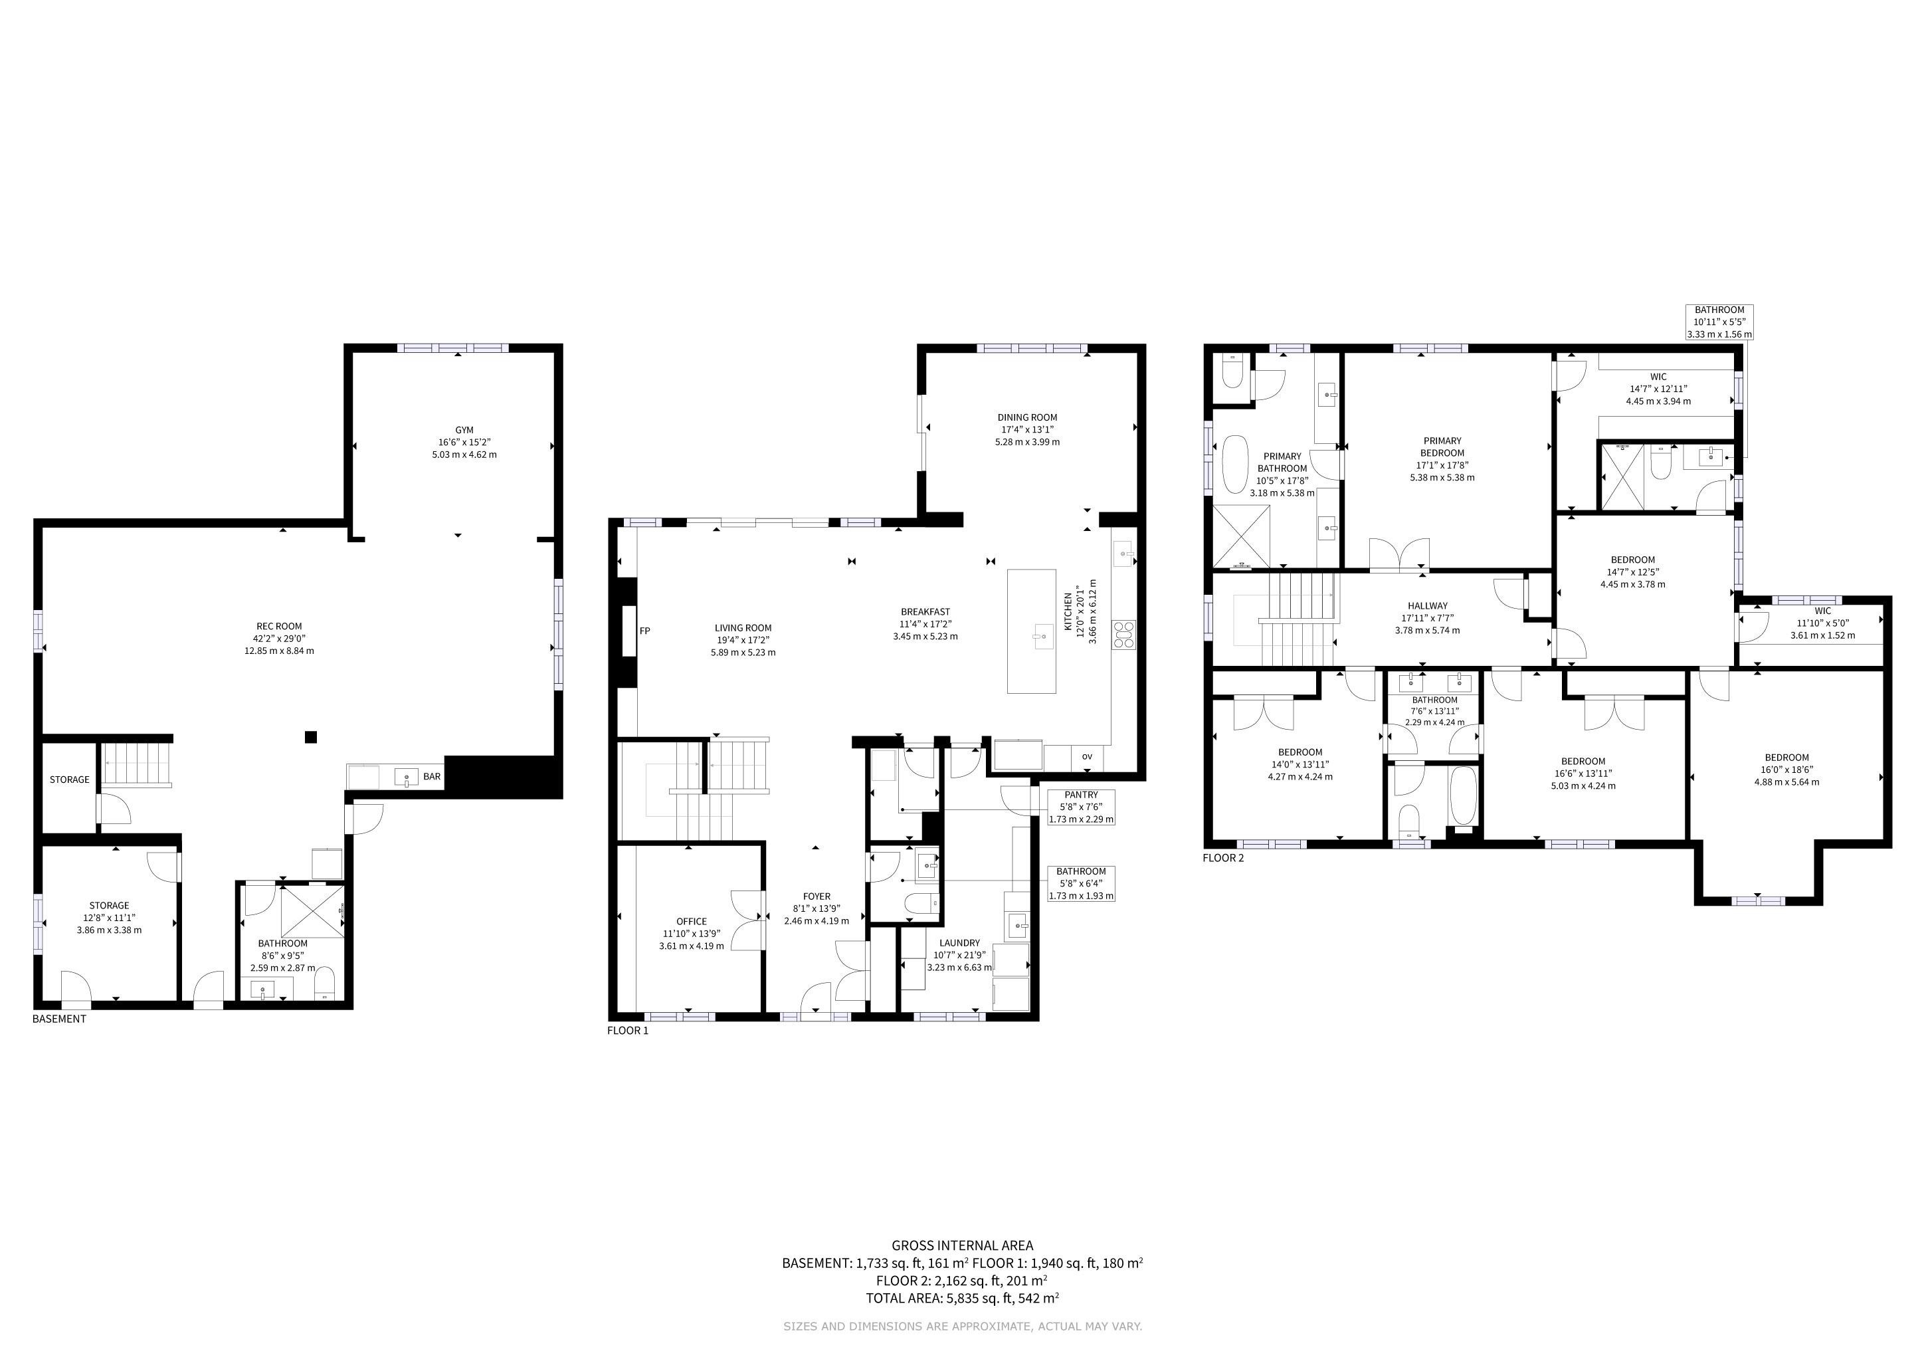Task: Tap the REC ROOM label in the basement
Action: tap(279, 626)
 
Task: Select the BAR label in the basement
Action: tap(432, 777)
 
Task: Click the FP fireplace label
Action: tap(645, 631)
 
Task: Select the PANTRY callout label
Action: tap(1081, 795)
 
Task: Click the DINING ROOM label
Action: tap(1027, 417)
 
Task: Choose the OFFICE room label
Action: tap(692, 922)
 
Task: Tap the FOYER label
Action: tap(817, 896)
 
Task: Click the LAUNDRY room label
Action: tap(959, 943)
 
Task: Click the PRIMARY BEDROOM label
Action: tap(1442, 447)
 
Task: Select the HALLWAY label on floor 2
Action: tap(1427, 606)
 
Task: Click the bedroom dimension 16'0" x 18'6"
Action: tap(1786, 770)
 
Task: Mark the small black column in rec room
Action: tap(311, 736)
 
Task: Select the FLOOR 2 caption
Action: tap(1224, 858)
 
